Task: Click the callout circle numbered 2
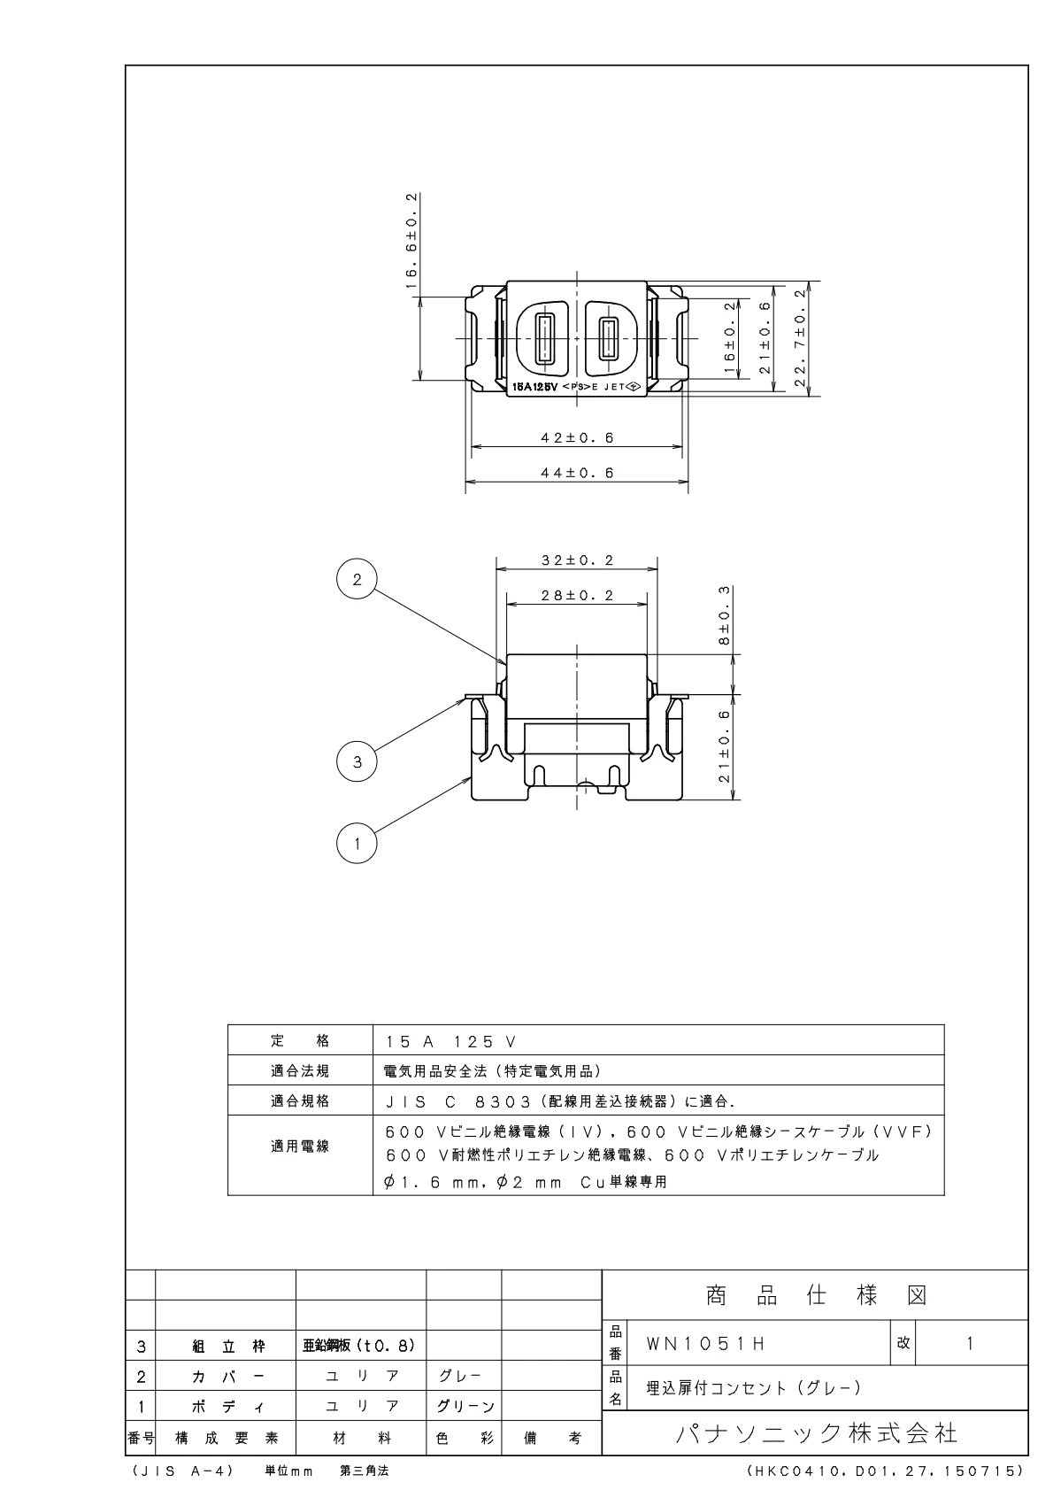(357, 579)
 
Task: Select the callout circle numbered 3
(357, 761)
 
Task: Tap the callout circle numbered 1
(357, 844)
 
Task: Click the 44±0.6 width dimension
(577, 473)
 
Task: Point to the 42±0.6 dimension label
(577, 437)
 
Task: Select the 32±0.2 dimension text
(577, 560)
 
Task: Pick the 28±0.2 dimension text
(577, 595)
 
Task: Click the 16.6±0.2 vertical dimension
(412, 241)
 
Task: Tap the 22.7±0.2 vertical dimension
(800, 338)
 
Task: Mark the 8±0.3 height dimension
(724, 615)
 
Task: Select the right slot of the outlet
(607, 338)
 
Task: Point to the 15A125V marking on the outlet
(535, 387)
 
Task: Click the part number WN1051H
(706, 1344)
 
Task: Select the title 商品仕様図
(816, 1296)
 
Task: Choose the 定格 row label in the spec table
(300, 1040)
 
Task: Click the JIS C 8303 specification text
(560, 1101)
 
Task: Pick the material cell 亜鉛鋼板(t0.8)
(359, 1345)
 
